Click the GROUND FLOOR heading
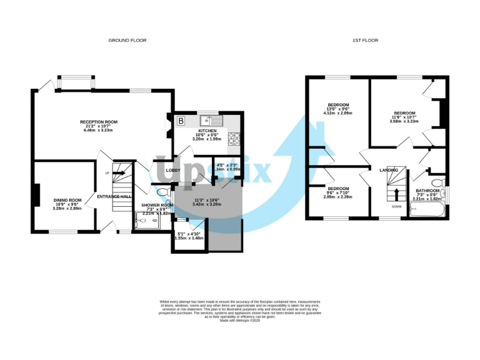coord(127,40)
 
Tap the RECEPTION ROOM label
coord(99,121)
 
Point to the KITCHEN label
coord(207,131)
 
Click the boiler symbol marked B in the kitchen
coord(182,120)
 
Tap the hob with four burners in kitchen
coord(234,139)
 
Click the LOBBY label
coord(173,170)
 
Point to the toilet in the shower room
coord(162,193)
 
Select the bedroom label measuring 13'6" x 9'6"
coord(338,104)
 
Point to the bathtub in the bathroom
coord(426,211)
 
